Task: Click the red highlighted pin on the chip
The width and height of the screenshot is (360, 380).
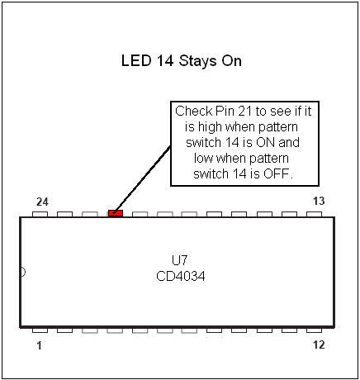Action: tap(116, 213)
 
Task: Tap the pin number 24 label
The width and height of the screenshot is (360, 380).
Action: tap(42, 202)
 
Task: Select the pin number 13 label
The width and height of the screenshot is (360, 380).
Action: tap(319, 201)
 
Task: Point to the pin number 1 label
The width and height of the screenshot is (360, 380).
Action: tap(39, 345)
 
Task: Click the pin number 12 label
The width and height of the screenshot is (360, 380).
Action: tap(319, 344)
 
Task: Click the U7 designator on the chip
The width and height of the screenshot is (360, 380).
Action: tap(179, 260)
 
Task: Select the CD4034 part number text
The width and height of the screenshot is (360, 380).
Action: tap(181, 276)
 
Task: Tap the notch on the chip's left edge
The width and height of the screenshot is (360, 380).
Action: tap(23, 272)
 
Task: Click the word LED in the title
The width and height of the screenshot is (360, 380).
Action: tap(136, 60)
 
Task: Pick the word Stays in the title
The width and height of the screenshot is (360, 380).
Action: tap(198, 61)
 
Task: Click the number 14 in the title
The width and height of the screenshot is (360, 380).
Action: tap(165, 60)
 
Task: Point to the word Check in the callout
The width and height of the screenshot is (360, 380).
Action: tap(194, 111)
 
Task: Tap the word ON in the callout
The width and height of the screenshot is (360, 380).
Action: tap(265, 142)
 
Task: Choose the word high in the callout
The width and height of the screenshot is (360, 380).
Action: tap(210, 127)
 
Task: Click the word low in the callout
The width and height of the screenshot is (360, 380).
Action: tap(204, 158)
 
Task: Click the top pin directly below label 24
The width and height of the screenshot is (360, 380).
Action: tap(40, 214)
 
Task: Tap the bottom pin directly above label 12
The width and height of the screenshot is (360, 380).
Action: tap(314, 330)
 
